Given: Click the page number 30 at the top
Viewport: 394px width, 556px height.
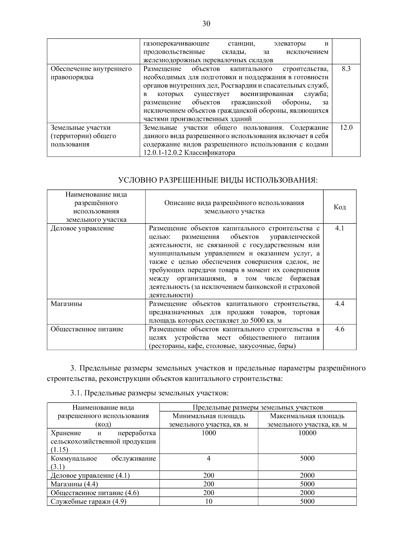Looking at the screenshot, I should (x=206, y=24).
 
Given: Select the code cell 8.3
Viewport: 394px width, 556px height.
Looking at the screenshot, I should (x=346, y=69).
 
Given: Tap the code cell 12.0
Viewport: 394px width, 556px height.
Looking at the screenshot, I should (x=346, y=127).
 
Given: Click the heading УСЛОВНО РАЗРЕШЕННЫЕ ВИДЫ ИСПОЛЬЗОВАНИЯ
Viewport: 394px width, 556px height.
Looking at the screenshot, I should (x=218, y=180).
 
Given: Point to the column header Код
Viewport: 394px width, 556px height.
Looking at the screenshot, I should (x=339, y=207).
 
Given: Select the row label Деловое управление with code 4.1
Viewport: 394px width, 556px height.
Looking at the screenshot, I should (x=82, y=228).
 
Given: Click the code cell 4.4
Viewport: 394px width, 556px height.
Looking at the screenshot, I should (x=339, y=304).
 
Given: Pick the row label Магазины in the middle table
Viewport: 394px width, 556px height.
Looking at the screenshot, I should (x=66, y=304).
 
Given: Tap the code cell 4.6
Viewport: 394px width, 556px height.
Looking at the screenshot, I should (x=339, y=329).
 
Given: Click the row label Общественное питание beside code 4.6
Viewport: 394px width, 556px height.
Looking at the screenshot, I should (x=87, y=329).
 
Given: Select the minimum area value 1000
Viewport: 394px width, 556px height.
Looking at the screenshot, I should (x=208, y=433).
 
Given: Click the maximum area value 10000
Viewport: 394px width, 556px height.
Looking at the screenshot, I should (x=307, y=433).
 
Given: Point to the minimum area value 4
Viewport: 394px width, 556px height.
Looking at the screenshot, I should (x=208, y=458).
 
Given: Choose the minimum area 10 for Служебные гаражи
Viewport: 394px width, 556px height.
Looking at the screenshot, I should (x=208, y=501).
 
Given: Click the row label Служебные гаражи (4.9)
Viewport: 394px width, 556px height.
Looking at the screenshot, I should (x=88, y=502).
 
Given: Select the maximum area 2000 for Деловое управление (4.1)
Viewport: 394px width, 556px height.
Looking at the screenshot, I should (x=307, y=475).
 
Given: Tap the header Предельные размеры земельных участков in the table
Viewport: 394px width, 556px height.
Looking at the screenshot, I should (x=258, y=407).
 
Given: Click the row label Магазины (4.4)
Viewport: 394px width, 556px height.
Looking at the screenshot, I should (x=74, y=484).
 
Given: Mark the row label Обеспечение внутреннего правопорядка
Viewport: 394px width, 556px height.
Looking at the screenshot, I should (x=91, y=73).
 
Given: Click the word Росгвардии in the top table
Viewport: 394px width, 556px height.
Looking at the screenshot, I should (x=240, y=86).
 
